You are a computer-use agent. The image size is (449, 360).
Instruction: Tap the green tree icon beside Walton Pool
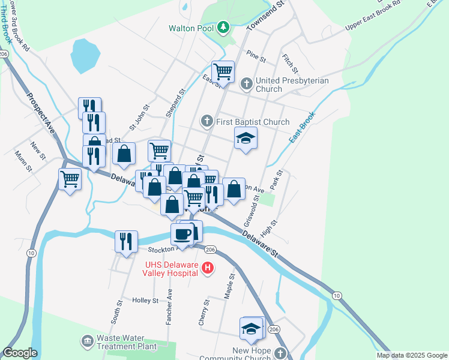pos(223,27)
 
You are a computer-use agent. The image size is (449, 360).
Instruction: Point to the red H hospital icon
pos(207,268)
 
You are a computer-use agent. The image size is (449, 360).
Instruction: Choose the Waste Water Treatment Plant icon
pos(88,341)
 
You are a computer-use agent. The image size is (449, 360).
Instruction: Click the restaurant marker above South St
pos(126,241)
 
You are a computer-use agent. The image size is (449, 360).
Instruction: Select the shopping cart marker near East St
pos(223,71)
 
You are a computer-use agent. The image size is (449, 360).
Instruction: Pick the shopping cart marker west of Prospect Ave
pos(70,179)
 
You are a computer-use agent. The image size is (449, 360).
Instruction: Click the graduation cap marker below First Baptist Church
pos(246,138)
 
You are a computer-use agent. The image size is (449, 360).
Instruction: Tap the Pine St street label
pos(256,57)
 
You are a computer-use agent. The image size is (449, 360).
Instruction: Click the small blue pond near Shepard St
pos(85,56)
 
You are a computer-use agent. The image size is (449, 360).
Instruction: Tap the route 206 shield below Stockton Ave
pos(209,249)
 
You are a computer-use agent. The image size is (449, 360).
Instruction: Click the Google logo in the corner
pos(19,353)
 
